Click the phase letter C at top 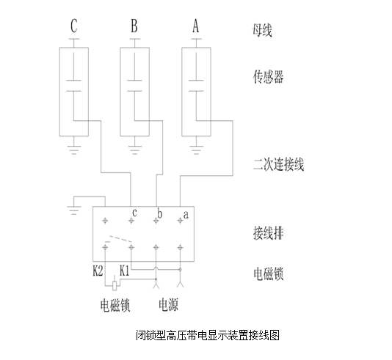(73, 26)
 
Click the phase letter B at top (134, 26)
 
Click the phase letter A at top (195, 26)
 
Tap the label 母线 (262, 30)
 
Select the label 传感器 (268, 77)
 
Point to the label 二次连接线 (278, 164)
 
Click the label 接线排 (268, 233)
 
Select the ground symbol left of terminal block (74, 210)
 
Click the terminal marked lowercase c (131, 221)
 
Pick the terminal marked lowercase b (156, 221)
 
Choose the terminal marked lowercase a (180, 221)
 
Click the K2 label (98, 271)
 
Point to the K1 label (125, 271)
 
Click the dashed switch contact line (120, 239)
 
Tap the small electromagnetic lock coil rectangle (115, 286)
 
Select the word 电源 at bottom (169, 305)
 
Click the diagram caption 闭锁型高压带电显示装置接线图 (208, 335)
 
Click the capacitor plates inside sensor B (134, 86)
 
